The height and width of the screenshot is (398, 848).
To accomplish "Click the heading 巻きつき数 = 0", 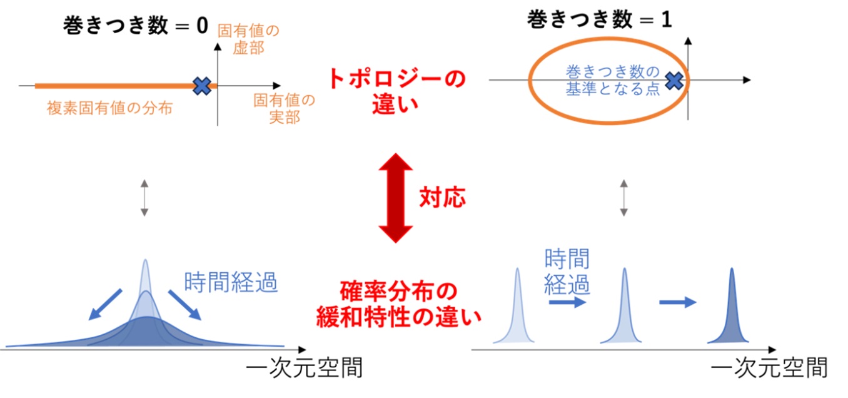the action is point(136,26).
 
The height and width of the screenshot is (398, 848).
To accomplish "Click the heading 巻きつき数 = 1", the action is point(600,19).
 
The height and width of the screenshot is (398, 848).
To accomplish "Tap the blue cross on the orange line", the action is point(202,86).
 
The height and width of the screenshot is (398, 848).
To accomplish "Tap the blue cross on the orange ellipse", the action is point(674,81).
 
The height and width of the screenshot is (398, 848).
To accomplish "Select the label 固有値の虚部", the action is point(248,39).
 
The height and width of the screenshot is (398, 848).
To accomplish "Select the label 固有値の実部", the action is point(285,109).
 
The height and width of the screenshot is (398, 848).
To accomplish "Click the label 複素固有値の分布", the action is point(110,108).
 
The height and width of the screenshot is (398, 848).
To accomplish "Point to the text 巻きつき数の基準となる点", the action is point(613,80).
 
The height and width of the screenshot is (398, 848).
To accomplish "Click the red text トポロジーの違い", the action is point(396,91).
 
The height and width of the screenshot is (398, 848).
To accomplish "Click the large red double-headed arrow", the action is point(396,198).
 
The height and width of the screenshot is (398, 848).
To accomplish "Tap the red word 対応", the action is point(443,197).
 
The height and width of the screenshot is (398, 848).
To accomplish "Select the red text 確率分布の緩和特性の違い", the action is point(398,304).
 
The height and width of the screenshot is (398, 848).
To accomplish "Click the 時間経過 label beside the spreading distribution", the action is point(231,282).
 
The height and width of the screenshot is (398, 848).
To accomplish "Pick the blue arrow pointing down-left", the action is point(105,305).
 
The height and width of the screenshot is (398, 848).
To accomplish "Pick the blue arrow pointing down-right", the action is point(184,305).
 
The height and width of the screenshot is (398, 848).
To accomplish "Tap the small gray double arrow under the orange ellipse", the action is point(624,198).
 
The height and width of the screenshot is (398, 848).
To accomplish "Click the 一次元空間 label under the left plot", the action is point(305,367).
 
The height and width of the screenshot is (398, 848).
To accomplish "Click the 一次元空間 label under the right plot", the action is point(769,367).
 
